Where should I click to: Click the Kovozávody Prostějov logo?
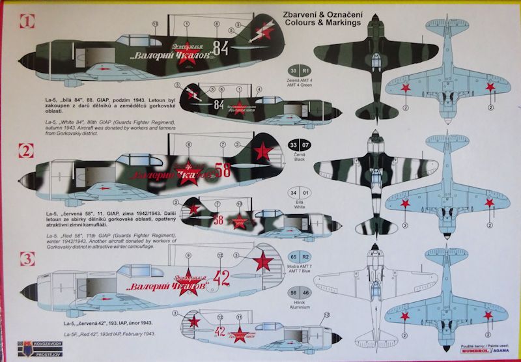point(26,347)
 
